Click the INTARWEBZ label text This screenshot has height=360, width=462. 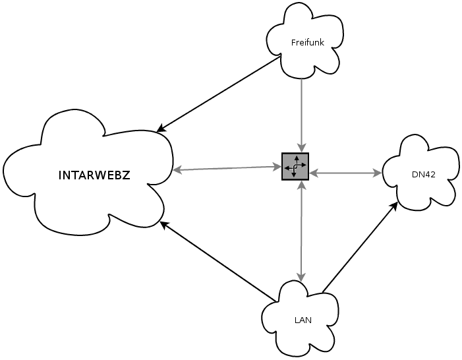tap(94, 175)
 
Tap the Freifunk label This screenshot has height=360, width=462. tap(308, 43)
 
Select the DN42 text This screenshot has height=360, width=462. tap(424, 175)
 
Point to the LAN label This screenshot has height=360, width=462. tap(303, 320)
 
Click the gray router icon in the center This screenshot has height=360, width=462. tap(295, 166)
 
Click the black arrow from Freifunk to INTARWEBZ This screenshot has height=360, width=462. tap(218, 94)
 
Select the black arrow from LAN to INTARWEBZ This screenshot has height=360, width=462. tap(218, 262)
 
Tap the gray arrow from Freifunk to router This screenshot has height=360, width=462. tap(301, 115)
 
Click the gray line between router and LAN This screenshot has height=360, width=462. tap(301, 231)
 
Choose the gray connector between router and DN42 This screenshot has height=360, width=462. tap(346, 173)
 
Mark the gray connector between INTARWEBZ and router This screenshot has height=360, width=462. tap(227, 168)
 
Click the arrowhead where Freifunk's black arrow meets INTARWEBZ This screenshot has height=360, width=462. tap(161, 129)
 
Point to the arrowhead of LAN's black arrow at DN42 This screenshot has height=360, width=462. tap(395, 206)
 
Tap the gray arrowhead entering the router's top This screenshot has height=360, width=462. tap(302, 148)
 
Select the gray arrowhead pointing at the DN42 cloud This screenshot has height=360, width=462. tap(378, 173)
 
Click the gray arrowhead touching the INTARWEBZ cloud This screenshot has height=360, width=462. tap(176, 170)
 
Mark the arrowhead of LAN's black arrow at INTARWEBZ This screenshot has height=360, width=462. tap(164, 225)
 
